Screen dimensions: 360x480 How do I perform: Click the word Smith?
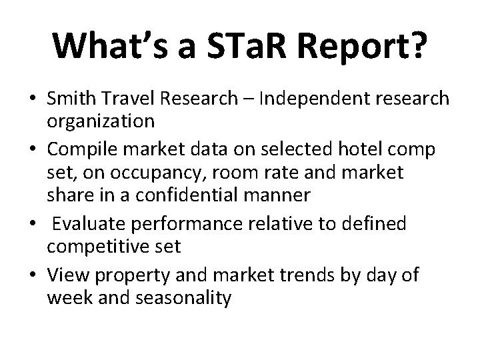(x=71, y=99)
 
